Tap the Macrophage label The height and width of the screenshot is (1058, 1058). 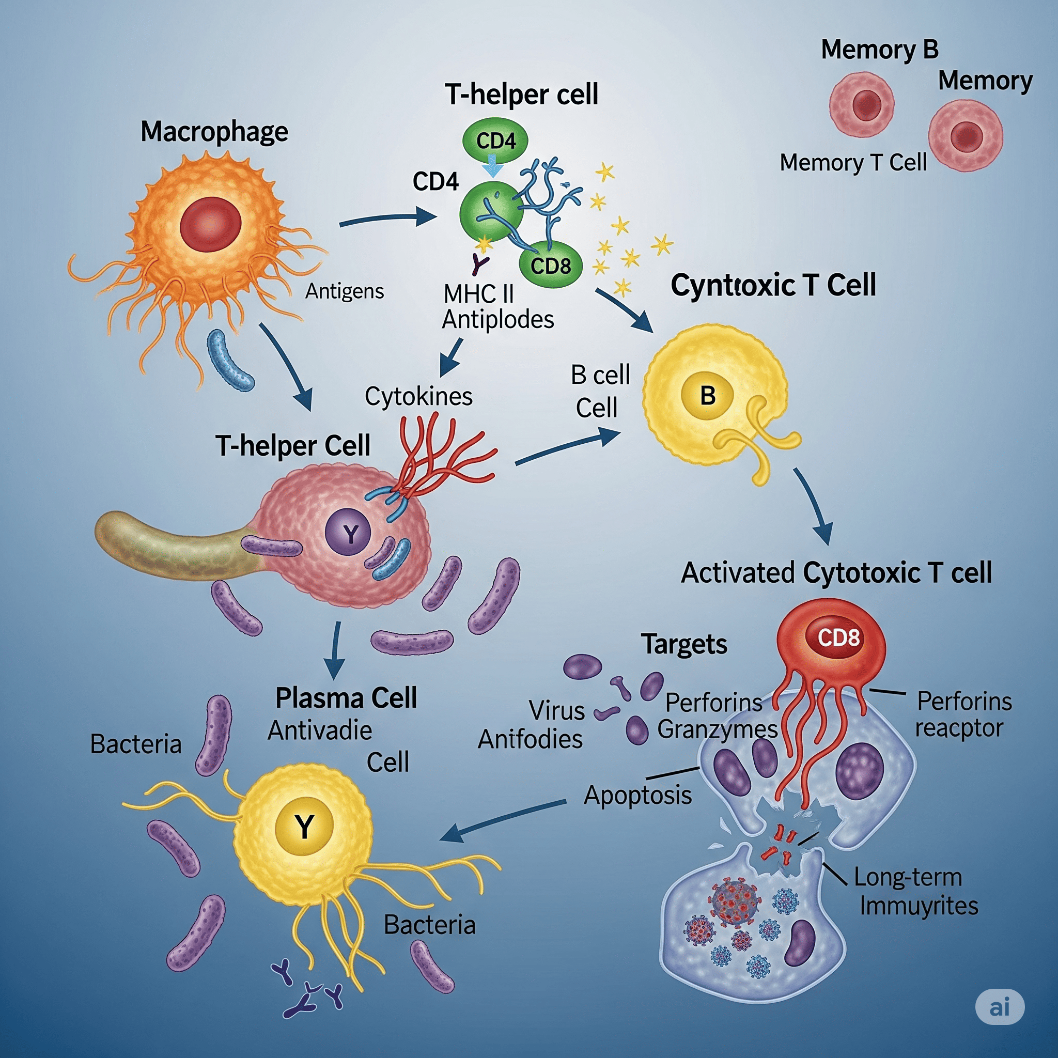(x=214, y=132)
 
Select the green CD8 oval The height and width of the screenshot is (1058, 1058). (x=550, y=266)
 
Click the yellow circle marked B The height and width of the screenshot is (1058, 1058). (x=707, y=395)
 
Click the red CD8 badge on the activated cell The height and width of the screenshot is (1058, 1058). (x=838, y=637)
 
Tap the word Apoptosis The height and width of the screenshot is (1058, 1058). (x=637, y=795)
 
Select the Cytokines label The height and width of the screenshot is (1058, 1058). (x=418, y=396)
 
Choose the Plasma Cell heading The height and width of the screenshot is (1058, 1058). (x=346, y=698)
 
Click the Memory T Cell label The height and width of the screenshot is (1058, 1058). (x=852, y=163)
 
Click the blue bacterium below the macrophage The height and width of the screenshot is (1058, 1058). (x=230, y=360)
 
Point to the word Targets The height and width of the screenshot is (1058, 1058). (x=684, y=644)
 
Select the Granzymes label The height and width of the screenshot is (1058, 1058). (x=718, y=729)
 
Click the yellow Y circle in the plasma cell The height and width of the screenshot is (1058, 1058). (x=304, y=826)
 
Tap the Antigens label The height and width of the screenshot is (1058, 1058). (x=345, y=291)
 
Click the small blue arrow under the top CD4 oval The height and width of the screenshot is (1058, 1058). (x=493, y=166)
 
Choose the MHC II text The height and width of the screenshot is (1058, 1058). (x=478, y=294)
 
